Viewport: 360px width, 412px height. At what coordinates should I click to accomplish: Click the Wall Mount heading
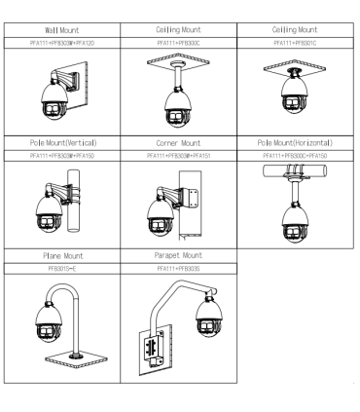tap(62, 30)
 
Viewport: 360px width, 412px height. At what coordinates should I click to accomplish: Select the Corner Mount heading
tap(178, 143)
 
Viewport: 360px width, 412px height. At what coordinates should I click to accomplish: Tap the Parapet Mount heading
tap(178, 255)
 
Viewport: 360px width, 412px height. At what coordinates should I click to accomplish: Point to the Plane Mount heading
tap(63, 256)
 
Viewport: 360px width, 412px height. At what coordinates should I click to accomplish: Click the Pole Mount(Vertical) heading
tap(63, 143)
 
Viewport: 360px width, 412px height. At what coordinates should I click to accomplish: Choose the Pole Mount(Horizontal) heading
tap(295, 143)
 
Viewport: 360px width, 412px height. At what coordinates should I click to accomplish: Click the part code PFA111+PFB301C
tap(295, 43)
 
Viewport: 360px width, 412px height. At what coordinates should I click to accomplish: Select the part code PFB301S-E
tap(62, 269)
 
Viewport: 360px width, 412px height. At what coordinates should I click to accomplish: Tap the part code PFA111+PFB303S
tap(178, 269)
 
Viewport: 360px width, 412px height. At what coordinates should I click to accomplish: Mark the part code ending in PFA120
tap(62, 43)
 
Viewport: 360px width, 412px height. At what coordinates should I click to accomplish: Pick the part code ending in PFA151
tap(179, 156)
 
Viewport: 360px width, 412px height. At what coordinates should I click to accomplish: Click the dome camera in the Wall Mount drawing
tap(54, 99)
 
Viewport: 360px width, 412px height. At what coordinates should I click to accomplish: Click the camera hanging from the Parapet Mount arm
tap(209, 317)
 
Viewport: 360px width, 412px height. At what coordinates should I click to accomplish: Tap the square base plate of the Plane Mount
tap(76, 360)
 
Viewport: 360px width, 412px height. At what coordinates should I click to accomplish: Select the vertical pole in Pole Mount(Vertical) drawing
tap(74, 201)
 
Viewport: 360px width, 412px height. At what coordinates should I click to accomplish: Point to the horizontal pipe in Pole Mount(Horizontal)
tap(295, 170)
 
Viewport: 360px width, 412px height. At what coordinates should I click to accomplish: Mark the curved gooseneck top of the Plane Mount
tap(62, 290)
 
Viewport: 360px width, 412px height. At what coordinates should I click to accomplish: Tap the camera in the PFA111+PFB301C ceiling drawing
tap(294, 95)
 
